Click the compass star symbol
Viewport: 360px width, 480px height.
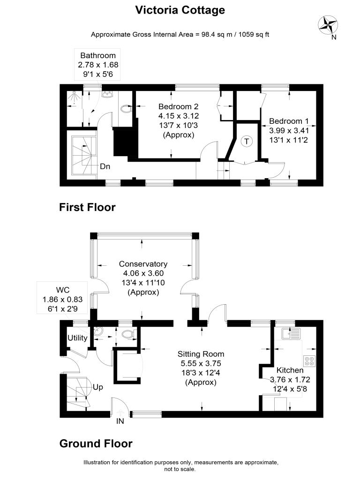328,25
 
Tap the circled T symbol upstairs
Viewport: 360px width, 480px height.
247,142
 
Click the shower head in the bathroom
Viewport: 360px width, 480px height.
73,97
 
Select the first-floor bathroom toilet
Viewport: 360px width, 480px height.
126,109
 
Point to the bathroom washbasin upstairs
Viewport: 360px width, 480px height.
107,94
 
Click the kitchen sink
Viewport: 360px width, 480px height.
292,334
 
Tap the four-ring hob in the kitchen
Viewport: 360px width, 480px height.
309,361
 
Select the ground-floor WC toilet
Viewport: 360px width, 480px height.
128,334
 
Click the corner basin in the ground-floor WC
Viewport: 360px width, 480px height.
98,331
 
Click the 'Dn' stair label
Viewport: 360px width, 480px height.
105,166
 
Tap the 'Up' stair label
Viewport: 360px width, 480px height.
97,387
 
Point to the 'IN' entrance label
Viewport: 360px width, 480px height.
120,421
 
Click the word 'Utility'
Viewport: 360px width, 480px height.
77,337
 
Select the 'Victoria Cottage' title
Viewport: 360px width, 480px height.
180,10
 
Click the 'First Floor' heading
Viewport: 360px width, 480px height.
87,207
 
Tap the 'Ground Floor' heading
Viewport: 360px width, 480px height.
96,443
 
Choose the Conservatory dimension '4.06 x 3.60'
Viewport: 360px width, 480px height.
143,273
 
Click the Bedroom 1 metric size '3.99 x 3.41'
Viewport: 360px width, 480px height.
289,131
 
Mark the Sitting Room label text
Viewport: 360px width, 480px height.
201,354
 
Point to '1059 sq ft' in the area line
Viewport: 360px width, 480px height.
254,35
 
